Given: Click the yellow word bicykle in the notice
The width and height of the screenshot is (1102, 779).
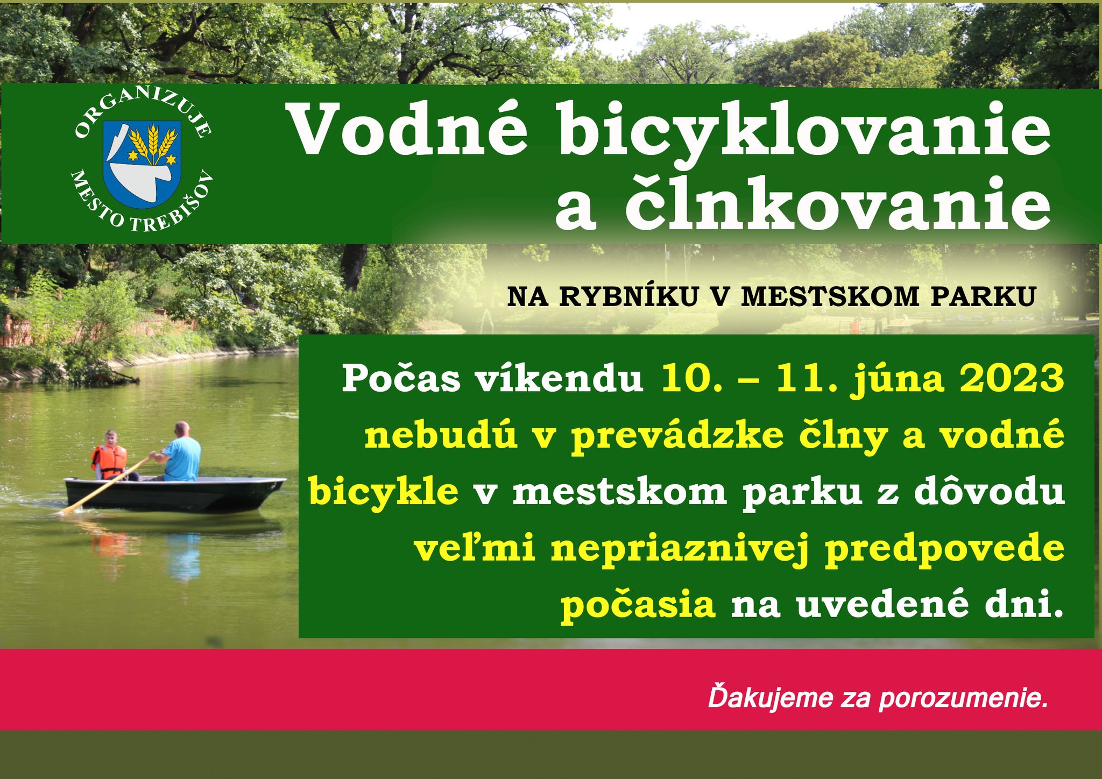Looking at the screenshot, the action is point(384,493).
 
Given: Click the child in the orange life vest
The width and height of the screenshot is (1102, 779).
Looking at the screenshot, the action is point(110,455).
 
